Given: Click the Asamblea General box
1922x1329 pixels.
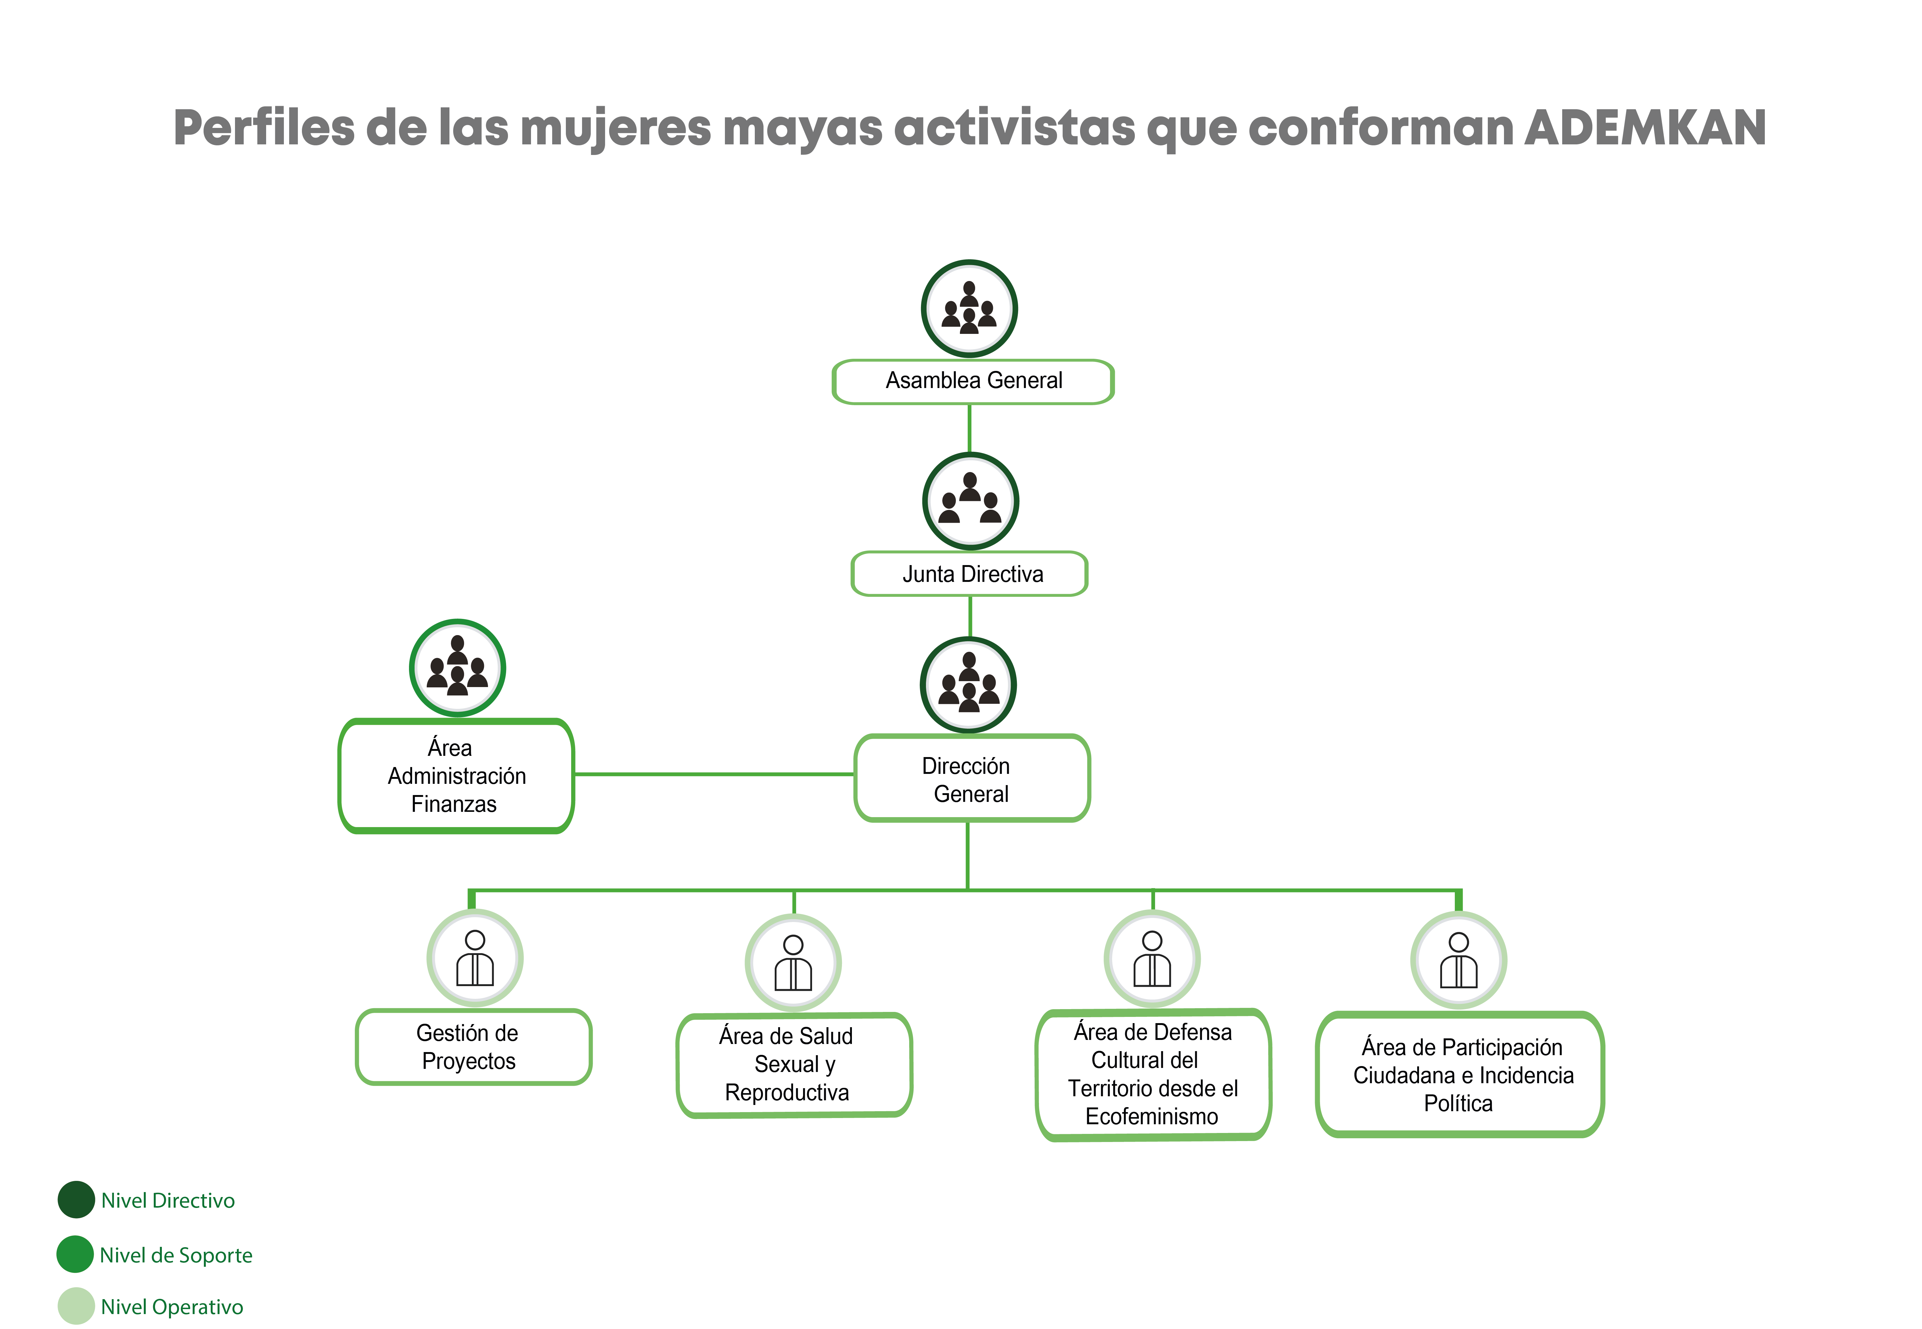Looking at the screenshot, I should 973,381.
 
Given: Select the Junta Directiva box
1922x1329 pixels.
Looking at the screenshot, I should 969,574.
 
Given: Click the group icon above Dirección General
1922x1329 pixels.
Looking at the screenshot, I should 969,685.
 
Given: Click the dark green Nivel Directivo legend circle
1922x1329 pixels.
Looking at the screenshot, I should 76,1199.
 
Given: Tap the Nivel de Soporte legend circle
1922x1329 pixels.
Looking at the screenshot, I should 75,1254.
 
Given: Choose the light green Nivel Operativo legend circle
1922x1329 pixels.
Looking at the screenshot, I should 76,1306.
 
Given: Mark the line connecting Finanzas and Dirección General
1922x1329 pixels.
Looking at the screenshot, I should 714,774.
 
